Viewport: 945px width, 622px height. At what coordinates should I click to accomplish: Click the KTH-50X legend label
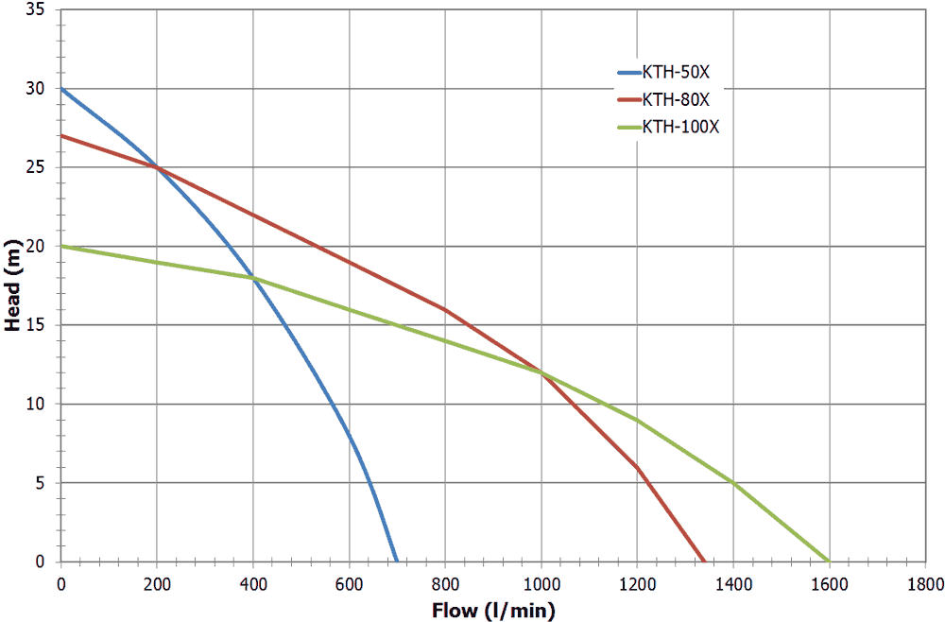pos(675,72)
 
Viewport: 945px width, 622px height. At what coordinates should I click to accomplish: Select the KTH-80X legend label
pos(675,99)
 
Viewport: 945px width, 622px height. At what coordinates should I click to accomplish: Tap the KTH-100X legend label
pos(680,128)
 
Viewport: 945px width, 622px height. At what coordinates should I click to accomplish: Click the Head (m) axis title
pos(13,285)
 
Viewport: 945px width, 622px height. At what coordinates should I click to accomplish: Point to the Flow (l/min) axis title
pos(493,609)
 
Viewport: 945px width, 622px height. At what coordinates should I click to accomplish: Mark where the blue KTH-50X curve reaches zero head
pos(397,562)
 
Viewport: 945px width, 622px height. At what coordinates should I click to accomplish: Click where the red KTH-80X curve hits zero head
pos(704,562)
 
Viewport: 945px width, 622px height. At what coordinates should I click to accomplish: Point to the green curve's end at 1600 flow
pos(829,562)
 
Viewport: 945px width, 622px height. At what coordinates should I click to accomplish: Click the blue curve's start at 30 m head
pos(61,88)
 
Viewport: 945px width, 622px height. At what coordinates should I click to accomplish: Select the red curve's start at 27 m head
pos(61,135)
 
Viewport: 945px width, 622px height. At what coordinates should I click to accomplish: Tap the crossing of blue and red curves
pos(157,167)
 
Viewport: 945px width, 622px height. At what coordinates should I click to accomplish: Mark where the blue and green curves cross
pos(253,278)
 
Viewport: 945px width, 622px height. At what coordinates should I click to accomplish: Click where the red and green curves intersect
pos(541,372)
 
